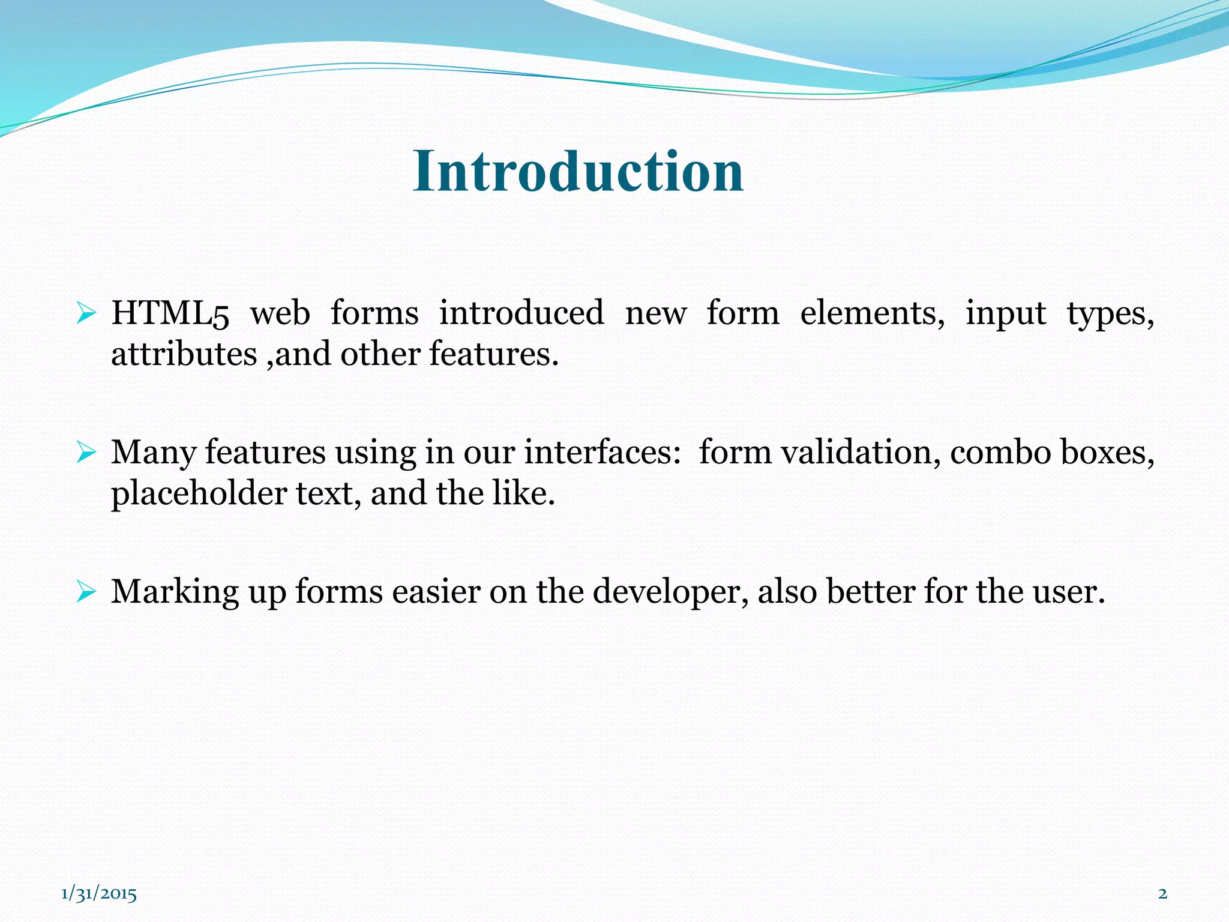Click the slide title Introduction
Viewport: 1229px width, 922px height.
[x=578, y=172]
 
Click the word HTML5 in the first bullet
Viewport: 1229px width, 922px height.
[x=170, y=313]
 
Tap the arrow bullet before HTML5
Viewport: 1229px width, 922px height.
[x=86, y=313]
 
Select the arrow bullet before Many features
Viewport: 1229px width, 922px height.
[x=86, y=453]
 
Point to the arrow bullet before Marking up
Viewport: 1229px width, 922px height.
[x=86, y=592]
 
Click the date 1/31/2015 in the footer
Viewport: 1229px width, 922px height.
[x=99, y=894]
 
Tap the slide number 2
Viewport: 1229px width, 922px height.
[x=1162, y=893]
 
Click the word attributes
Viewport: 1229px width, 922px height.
[x=184, y=354]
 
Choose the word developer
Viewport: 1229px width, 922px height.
[x=670, y=592]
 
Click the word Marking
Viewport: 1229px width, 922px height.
[x=175, y=592]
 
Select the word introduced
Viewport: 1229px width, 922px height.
[x=521, y=313]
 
